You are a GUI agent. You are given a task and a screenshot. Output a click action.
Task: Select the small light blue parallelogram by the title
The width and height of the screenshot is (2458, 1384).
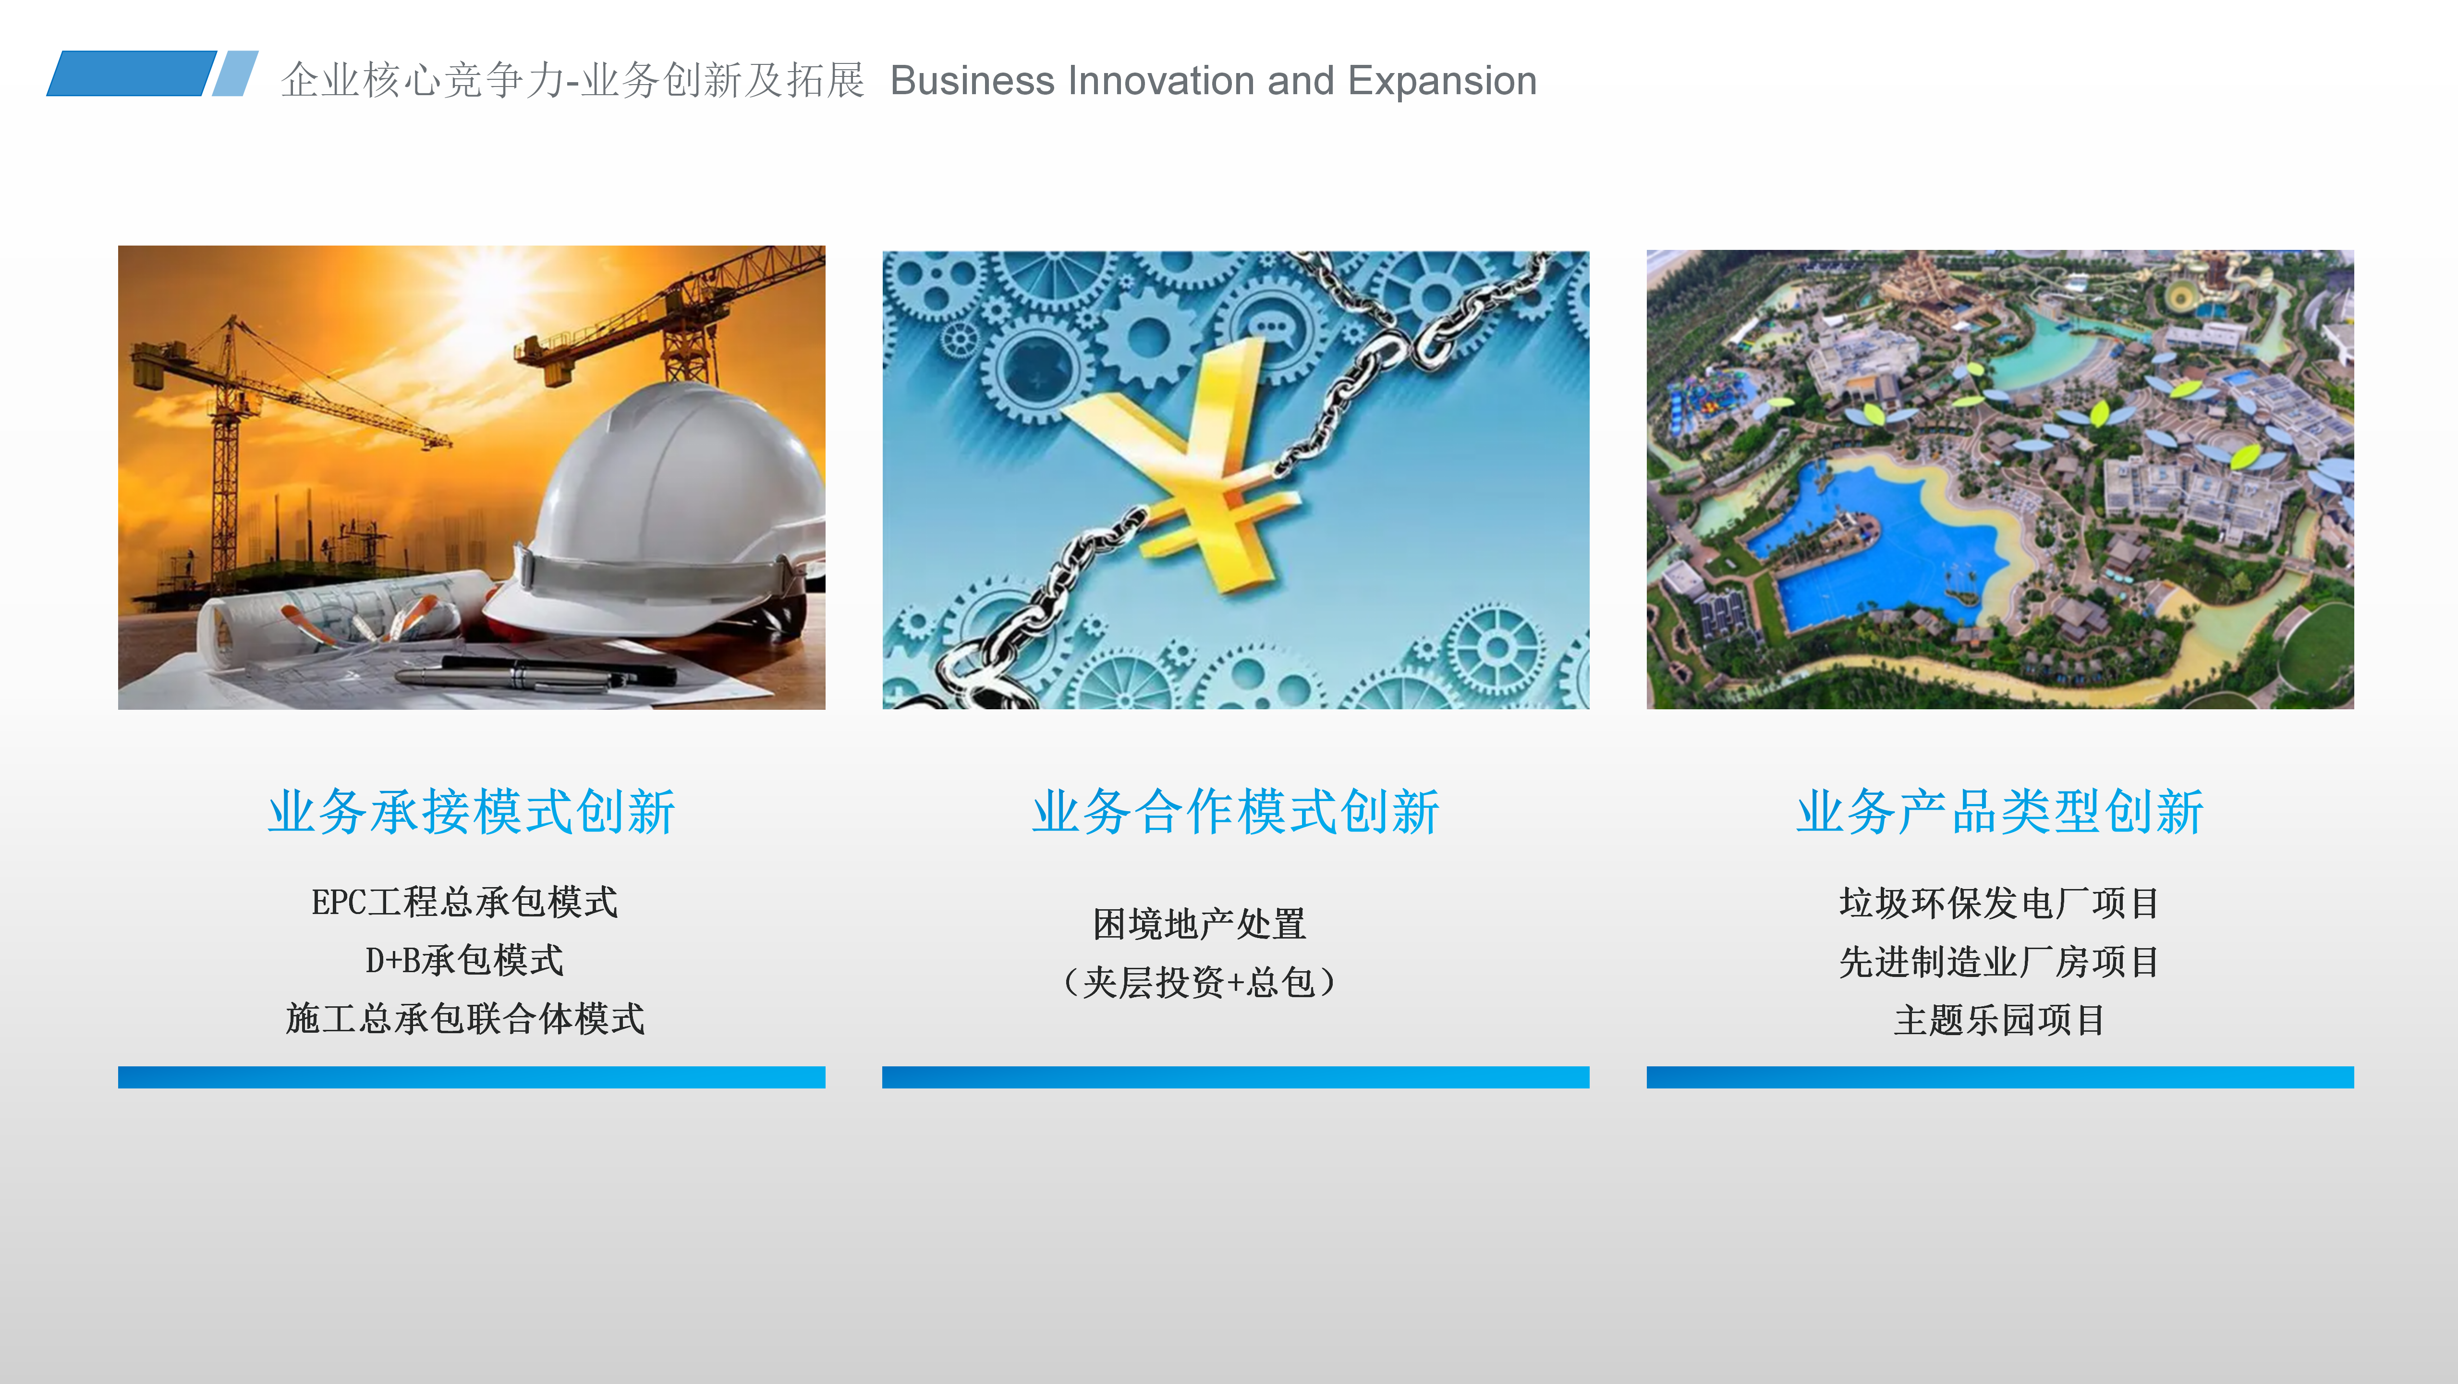pos(235,74)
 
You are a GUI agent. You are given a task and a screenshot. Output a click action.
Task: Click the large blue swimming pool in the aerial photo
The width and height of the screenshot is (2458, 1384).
pos(1870,544)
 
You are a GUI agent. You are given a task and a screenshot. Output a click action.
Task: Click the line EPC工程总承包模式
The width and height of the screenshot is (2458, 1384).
pos(465,902)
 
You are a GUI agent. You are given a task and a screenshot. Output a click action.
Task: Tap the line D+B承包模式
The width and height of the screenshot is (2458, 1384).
pos(465,960)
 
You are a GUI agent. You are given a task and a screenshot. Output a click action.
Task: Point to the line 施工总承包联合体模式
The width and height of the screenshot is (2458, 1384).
pos(465,1019)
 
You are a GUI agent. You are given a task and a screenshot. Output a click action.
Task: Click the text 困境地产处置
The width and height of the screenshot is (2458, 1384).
pos(1199,924)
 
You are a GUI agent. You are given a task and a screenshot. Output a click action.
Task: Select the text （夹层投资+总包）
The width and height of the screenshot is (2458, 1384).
pos(1199,982)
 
